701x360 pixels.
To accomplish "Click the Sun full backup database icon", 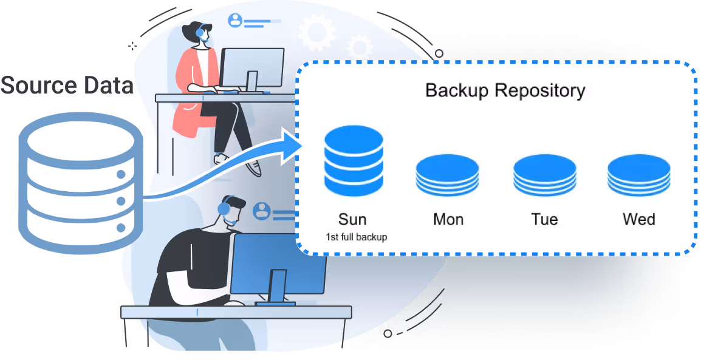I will (x=354, y=160).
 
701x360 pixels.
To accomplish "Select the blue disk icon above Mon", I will (x=447, y=174).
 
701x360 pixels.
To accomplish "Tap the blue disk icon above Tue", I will (x=544, y=174).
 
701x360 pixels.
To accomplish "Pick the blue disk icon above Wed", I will (x=638, y=174).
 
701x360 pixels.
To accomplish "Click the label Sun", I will (x=352, y=219).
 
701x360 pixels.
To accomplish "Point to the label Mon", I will (x=448, y=219).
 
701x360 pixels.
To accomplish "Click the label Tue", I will (x=544, y=219).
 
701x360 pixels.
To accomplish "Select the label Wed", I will (x=639, y=219).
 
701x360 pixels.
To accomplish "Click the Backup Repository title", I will (x=505, y=90).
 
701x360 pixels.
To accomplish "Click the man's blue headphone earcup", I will (x=224, y=209).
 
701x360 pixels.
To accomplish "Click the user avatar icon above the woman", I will (x=235, y=21).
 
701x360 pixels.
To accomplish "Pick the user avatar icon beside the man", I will (x=262, y=211).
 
